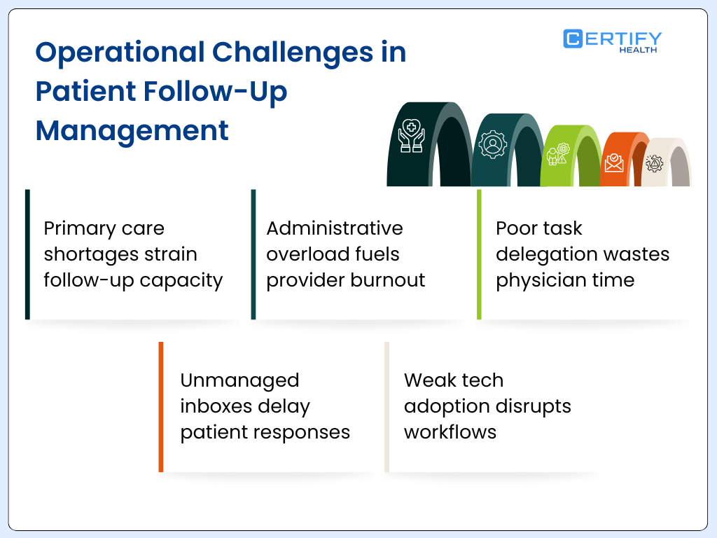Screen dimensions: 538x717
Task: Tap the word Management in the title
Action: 132,131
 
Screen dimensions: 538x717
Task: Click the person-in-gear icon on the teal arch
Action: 493,144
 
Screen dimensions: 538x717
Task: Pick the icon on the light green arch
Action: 557,155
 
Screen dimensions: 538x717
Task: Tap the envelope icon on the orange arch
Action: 614,163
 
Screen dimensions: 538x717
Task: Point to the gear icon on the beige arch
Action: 655,165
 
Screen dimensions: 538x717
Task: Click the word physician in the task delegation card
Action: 537,280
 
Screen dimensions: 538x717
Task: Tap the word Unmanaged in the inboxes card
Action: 239,380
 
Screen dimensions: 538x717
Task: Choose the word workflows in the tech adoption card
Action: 450,432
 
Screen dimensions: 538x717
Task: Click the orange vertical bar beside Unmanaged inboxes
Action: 161,406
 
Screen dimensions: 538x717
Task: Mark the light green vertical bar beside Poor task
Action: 479,254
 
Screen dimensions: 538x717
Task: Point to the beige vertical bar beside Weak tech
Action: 387,406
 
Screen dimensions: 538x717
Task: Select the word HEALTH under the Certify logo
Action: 638,50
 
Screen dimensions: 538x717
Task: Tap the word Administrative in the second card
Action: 335,228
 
